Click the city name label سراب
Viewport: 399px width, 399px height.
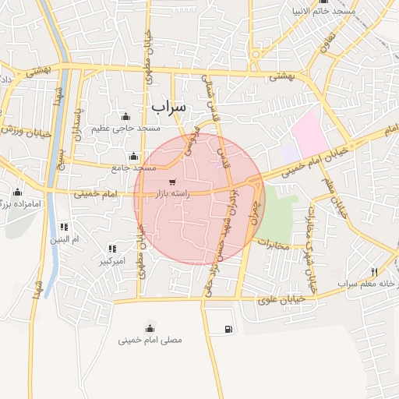[169, 105]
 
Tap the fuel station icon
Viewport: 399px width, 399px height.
[228, 329]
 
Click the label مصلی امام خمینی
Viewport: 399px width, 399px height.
[150, 340]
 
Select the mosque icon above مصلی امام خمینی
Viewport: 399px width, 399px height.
[150, 327]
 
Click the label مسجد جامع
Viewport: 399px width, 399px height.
[133, 168]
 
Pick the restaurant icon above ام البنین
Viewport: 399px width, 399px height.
[64, 227]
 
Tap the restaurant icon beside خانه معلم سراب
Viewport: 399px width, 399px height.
[374, 271]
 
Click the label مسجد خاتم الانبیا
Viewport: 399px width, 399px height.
[323, 12]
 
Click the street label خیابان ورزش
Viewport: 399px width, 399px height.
[25, 130]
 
